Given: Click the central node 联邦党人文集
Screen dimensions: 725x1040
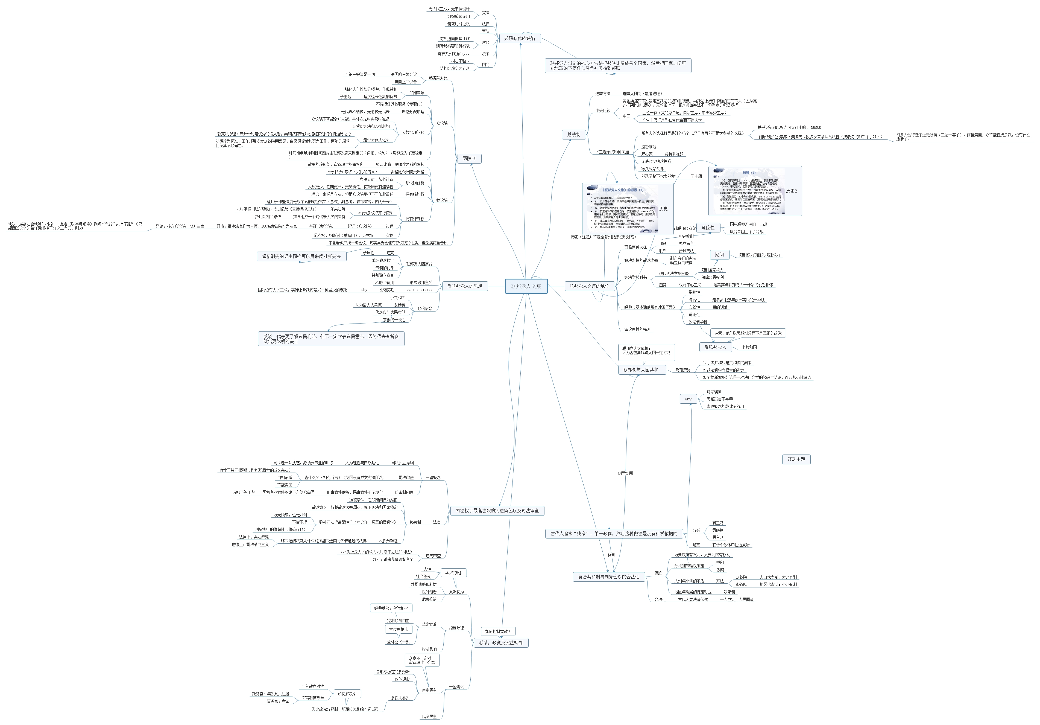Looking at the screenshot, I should [x=526, y=286].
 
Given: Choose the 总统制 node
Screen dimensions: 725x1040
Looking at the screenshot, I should [x=573, y=135].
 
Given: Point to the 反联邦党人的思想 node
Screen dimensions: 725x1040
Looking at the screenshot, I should [x=464, y=286].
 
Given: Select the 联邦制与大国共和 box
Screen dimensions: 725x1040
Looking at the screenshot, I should [x=640, y=370].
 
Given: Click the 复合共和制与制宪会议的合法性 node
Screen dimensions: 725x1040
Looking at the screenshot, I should [x=608, y=577].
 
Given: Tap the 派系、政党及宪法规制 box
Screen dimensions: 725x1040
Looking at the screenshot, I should [x=500, y=642].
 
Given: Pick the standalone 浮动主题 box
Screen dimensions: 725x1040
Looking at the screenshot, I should [x=796, y=459].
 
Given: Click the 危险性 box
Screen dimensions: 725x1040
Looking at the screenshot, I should [x=708, y=228].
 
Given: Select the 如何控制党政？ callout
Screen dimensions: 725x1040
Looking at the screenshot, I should [x=497, y=631].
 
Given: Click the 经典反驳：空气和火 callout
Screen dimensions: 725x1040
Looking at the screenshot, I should [x=391, y=608].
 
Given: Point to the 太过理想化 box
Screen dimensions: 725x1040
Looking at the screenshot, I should [x=398, y=629].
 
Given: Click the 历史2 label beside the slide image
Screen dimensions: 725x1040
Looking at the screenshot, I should [x=791, y=191].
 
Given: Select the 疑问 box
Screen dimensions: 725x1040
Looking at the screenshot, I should [x=719, y=255].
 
